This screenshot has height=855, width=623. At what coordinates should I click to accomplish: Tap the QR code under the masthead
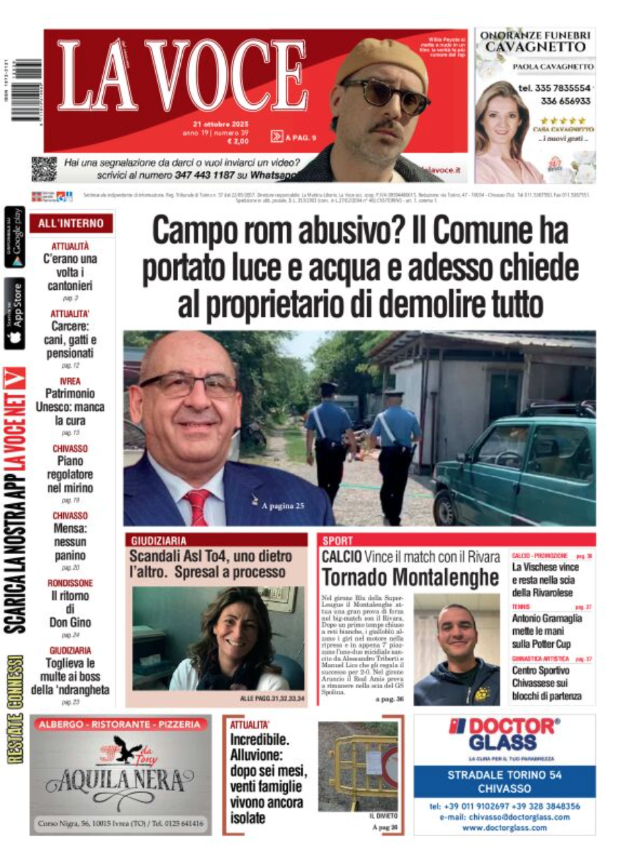pos(43,170)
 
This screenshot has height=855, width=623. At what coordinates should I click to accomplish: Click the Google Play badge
pos(15,237)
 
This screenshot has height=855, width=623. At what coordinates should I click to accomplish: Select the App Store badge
pos(15,313)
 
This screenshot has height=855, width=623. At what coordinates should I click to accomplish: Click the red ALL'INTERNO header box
pos(71,224)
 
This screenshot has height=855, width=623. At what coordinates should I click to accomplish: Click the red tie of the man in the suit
pos(198,506)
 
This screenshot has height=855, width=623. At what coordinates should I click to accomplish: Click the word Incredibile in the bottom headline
pos(259,740)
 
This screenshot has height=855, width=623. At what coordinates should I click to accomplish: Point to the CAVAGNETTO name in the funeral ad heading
pos(535,47)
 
